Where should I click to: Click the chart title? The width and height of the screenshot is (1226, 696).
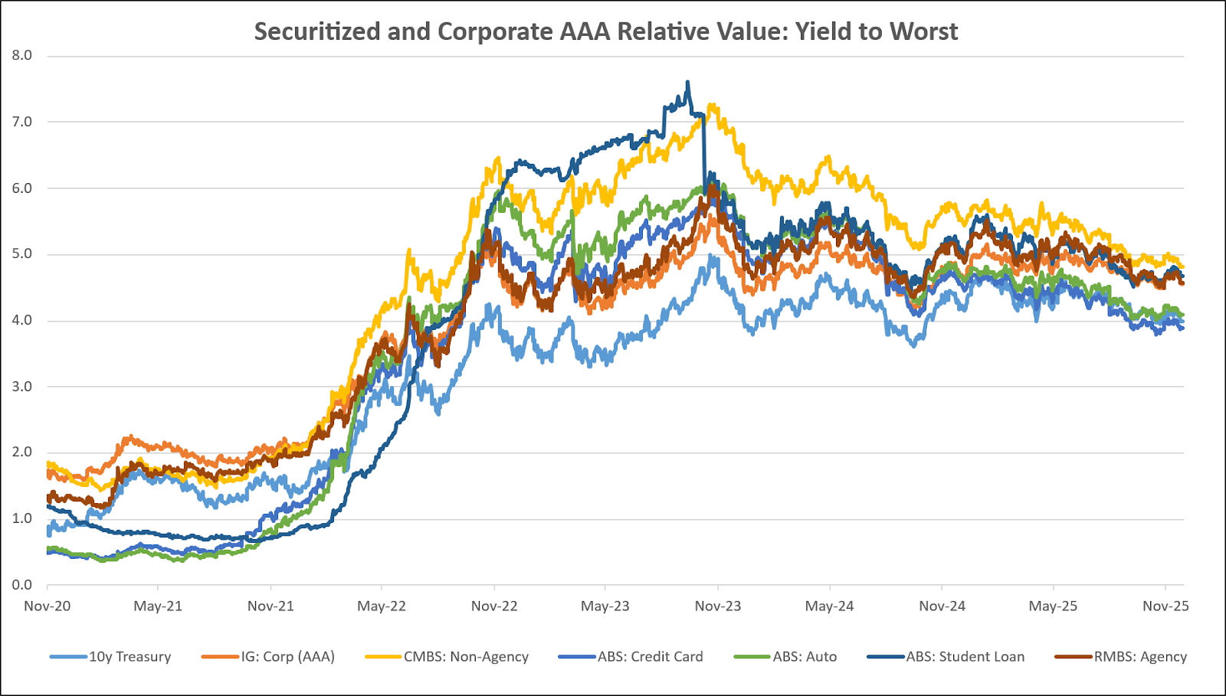click(605, 31)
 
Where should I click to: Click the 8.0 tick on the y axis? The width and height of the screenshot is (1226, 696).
click(21, 55)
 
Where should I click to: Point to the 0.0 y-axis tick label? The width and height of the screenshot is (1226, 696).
click(21, 585)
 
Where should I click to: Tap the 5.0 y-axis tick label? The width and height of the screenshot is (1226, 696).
click(21, 254)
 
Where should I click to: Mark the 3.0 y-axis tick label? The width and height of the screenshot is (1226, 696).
click(21, 387)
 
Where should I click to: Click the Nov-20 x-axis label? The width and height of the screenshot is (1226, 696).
click(48, 606)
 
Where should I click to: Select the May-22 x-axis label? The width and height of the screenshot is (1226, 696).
click(382, 606)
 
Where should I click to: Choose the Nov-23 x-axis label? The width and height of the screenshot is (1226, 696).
click(718, 606)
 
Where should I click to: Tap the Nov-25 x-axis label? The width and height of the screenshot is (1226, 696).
click(1165, 606)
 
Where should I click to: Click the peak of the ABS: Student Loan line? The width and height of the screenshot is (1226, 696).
click(687, 82)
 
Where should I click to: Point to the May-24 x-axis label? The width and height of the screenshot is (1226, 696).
click(829, 606)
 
